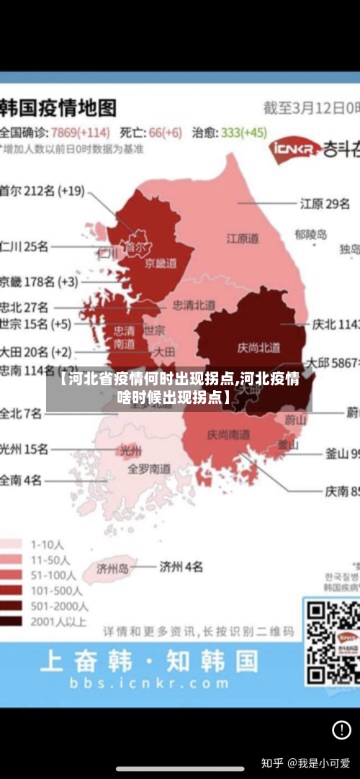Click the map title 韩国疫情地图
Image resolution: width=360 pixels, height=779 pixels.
(58, 108)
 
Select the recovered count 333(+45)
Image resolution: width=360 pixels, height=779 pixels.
(243, 132)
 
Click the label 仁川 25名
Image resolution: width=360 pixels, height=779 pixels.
(24, 246)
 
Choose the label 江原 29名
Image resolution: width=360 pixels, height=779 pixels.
(325, 204)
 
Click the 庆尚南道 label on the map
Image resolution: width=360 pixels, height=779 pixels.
(228, 435)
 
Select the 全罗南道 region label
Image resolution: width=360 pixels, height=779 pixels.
(149, 468)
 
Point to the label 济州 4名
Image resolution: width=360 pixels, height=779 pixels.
(181, 565)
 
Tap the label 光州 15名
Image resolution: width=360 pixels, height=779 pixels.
(24, 449)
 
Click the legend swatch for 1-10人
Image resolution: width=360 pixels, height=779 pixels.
(10, 545)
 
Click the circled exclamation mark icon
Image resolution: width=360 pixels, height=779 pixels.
(341, 730)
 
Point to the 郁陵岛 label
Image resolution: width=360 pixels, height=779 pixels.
(310, 234)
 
